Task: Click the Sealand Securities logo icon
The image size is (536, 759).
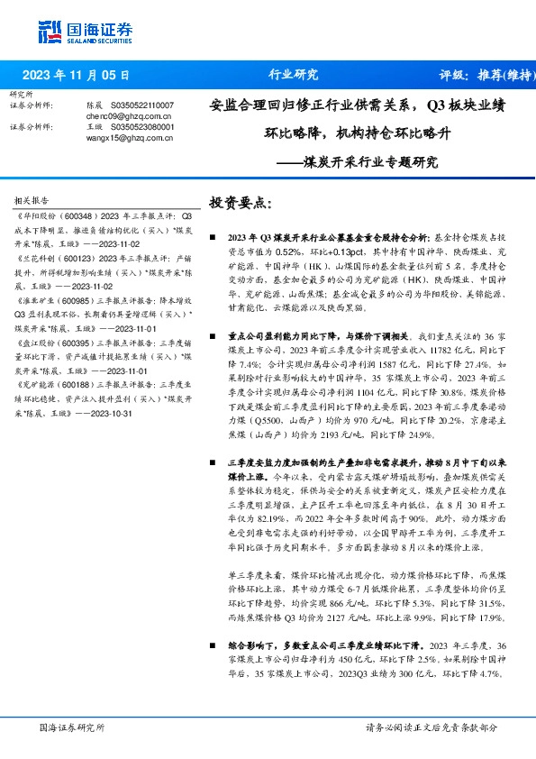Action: [x=50, y=30]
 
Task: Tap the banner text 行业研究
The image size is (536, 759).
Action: [x=293, y=75]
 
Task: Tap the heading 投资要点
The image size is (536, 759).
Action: [x=239, y=204]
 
